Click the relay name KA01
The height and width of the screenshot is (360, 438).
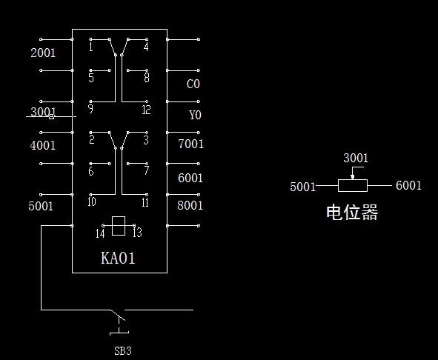tap(118, 258)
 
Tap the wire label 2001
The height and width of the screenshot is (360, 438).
tap(43, 53)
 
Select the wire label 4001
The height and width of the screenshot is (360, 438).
tap(43, 145)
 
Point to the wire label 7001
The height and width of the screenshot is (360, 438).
tap(190, 144)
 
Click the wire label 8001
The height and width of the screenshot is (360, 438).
tap(190, 205)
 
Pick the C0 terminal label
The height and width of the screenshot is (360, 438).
tap(193, 84)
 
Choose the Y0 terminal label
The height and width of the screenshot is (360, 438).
tap(195, 115)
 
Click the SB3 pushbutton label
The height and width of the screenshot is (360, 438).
tap(123, 351)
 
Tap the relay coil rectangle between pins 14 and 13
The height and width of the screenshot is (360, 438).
tap(119, 226)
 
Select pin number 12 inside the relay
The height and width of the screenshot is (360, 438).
tap(146, 110)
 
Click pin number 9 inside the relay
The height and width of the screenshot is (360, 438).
tap(90, 109)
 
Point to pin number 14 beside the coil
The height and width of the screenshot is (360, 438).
tap(100, 233)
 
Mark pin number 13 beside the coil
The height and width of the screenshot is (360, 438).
tap(137, 233)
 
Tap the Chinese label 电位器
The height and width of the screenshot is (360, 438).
tap(352, 213)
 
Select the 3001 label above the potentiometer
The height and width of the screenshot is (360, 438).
tap(356, 158)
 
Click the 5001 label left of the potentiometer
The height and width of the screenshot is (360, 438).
tap(302, 187)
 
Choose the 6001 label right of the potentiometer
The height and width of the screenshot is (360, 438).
tap(408, 185)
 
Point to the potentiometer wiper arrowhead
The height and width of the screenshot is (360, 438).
tap(353, 177)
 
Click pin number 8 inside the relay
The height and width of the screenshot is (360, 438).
tap(147, 78)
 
